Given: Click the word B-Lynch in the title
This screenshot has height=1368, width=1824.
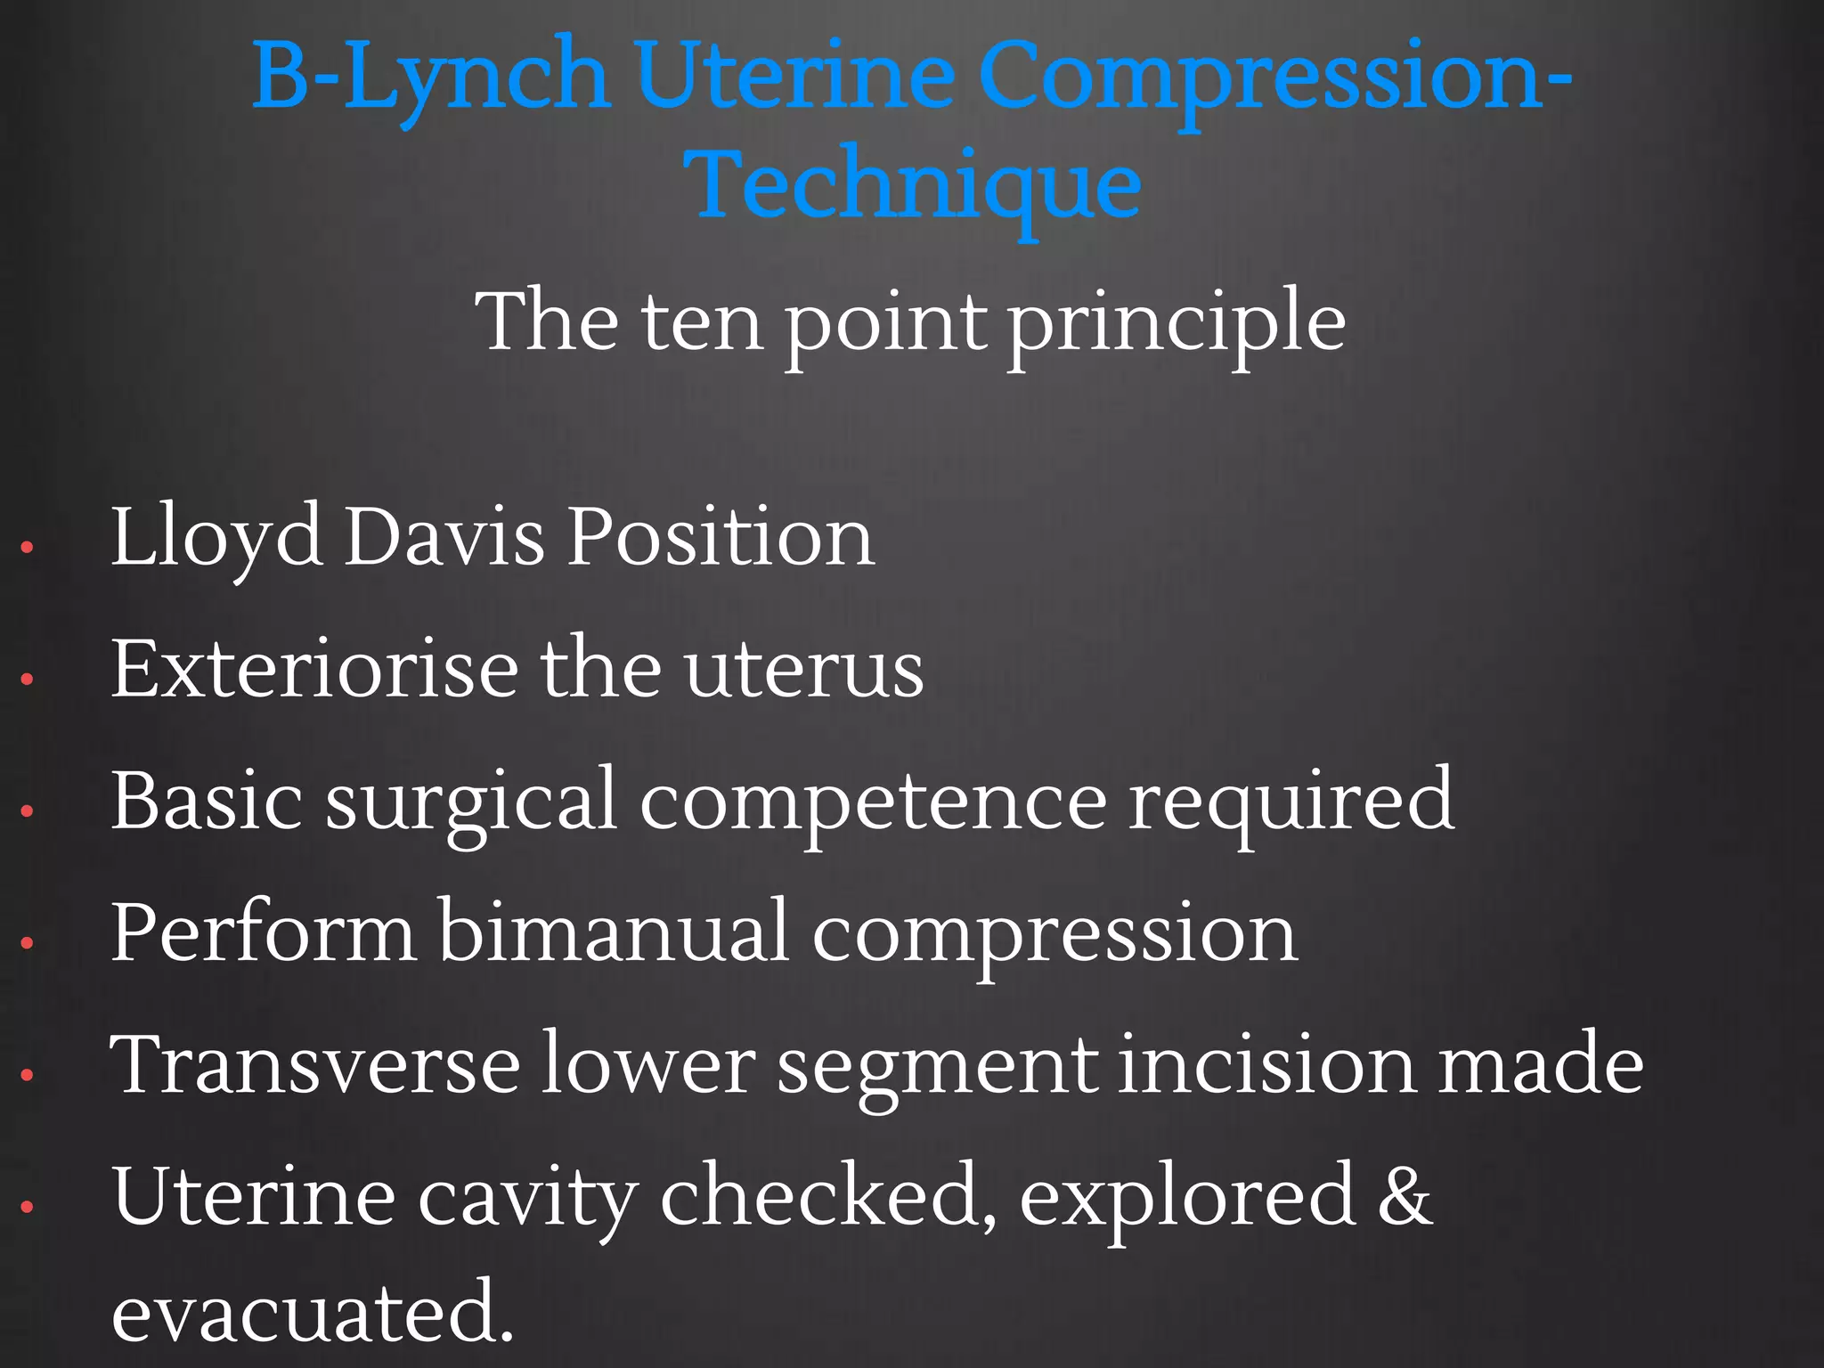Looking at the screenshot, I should point(430,78).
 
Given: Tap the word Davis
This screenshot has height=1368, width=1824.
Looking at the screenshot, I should point(444,536).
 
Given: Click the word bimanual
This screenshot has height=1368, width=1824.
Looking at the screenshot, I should point(614,932).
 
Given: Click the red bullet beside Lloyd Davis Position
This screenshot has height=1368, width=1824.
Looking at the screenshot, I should point(27,547).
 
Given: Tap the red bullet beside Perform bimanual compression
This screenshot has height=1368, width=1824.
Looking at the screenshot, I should point(27,942).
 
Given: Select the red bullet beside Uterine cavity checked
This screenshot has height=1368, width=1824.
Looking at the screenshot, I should point(27,1207).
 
